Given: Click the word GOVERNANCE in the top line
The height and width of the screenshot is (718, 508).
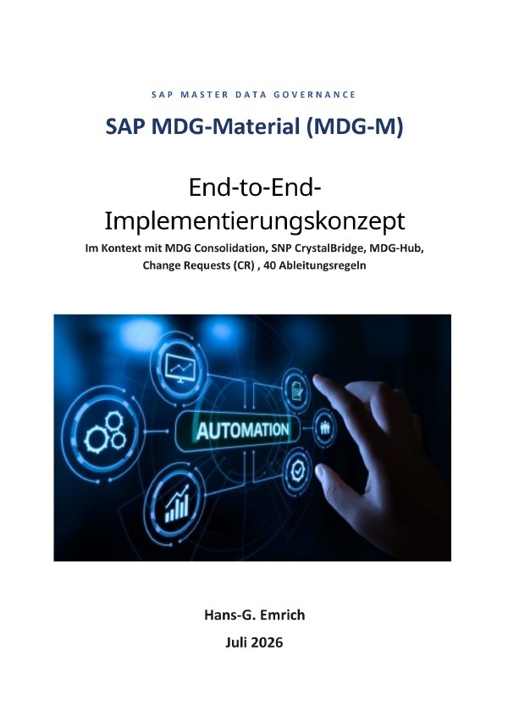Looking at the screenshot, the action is [x=315, y=95].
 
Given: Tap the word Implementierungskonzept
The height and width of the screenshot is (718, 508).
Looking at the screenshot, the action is [x=255, y=221].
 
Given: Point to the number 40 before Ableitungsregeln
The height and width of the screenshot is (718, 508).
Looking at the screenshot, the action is [x=269, y=265].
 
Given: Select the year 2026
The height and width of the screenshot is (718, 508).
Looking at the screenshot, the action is [x=267, y=643].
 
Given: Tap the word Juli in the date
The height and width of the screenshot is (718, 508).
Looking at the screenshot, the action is [x=236, y=643].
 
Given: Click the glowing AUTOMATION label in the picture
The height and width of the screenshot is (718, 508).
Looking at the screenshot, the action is [x=242, y=431].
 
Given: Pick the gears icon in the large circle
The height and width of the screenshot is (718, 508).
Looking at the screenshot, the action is [x=105, y=431].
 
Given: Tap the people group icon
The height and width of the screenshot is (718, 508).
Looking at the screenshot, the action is [x=325, y=428].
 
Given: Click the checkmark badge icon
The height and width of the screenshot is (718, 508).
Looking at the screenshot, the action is [x=298, y=470].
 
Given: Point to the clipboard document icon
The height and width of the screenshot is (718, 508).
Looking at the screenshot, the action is [x=295, y=389].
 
